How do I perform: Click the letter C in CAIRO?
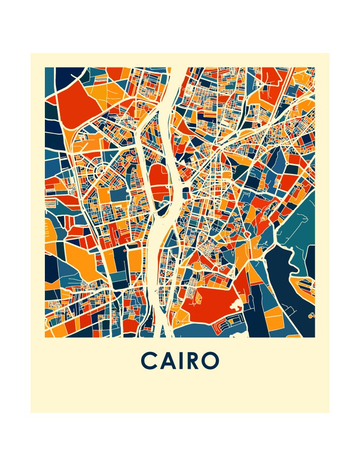[150, 361]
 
